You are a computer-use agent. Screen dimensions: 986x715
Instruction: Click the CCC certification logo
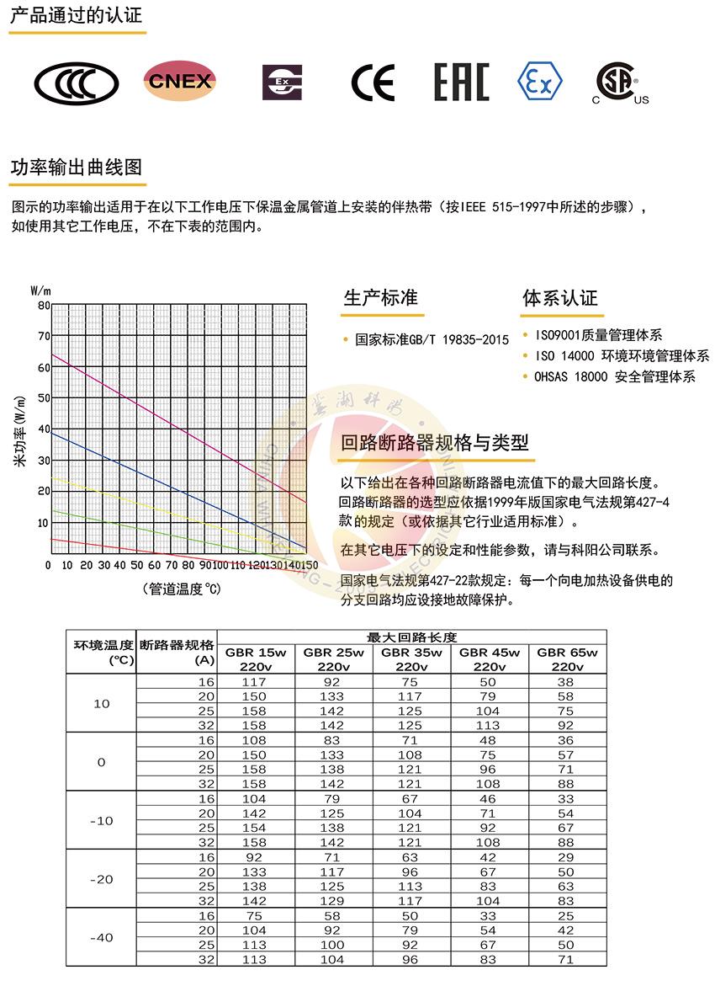tap(76, 83)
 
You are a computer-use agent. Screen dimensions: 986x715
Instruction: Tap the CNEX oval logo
tap(179, 81)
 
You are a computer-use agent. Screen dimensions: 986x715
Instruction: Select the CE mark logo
tap(372, 83)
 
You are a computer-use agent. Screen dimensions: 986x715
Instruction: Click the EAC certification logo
tap(461, 83)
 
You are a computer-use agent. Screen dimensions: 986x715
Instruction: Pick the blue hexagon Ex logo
tap(539, 81)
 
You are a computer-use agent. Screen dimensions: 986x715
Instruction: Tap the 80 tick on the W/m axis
tap(44, 306)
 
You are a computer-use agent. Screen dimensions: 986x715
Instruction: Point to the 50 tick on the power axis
tap(44, 397)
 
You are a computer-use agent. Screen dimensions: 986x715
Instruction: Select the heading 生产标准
tap(380, 298)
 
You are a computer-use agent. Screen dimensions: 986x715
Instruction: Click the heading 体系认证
tap(560, 298)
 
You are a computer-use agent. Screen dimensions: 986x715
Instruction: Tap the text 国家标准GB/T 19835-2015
tap(432, 340)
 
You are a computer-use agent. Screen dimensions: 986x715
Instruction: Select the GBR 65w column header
tap(566, 659)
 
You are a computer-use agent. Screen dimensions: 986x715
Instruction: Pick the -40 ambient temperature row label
tap(101, 937)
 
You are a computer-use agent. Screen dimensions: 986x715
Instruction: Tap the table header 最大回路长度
tap(411, 637)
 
